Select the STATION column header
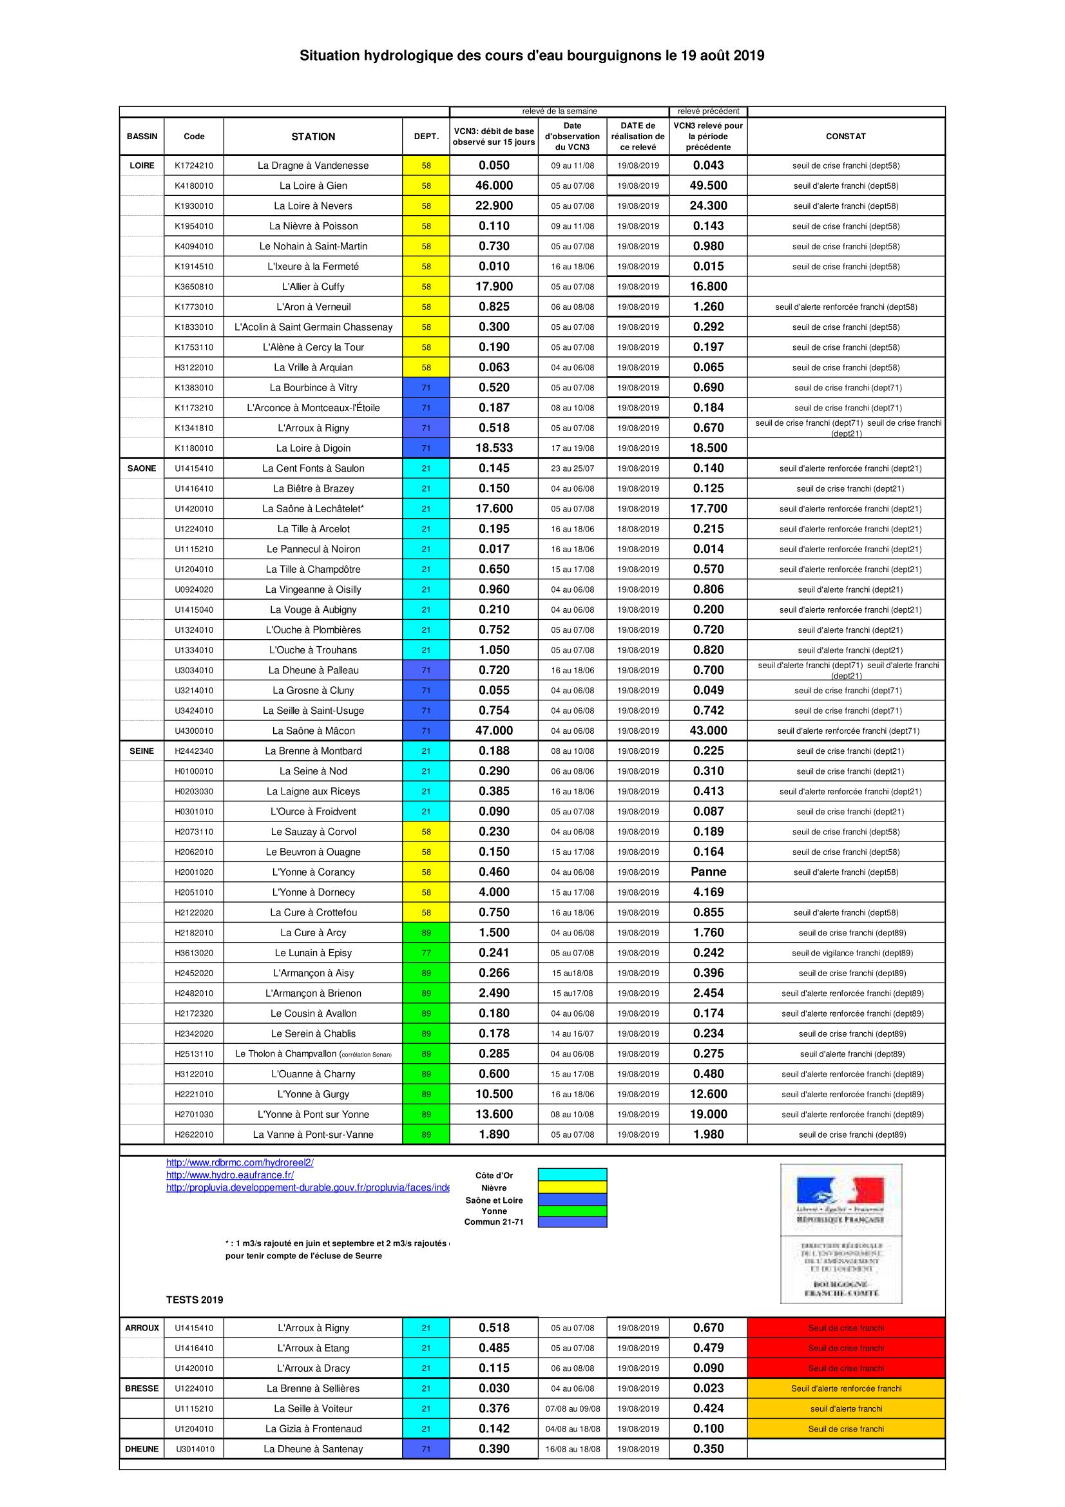click(x=313, y=137)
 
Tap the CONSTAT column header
click(x=845, y=137)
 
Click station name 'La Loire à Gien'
click(x=313, y=186)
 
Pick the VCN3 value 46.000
click(x=494, y=186)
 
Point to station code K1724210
click(x=193, y=166)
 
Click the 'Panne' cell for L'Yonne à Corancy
click(x=708, y=872)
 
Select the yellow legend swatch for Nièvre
click(x=572, y=1187)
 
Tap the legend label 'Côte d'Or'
click(x=494, y=1176)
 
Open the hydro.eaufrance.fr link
click(x=229, y=1175)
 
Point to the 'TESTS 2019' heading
click(x=194, y=1300)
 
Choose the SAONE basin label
click(x=142, y=468)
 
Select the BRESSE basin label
click(x=142, y=1388)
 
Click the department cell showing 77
click(x=426, y=952)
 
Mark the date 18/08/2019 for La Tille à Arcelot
click(x=638, y=529)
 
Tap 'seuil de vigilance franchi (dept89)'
click(x=852, y=952)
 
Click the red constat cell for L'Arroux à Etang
click(x=846, y=1348)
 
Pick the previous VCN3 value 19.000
click(x=708, y=1114)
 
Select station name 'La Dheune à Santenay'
click(x=313, y=1448)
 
